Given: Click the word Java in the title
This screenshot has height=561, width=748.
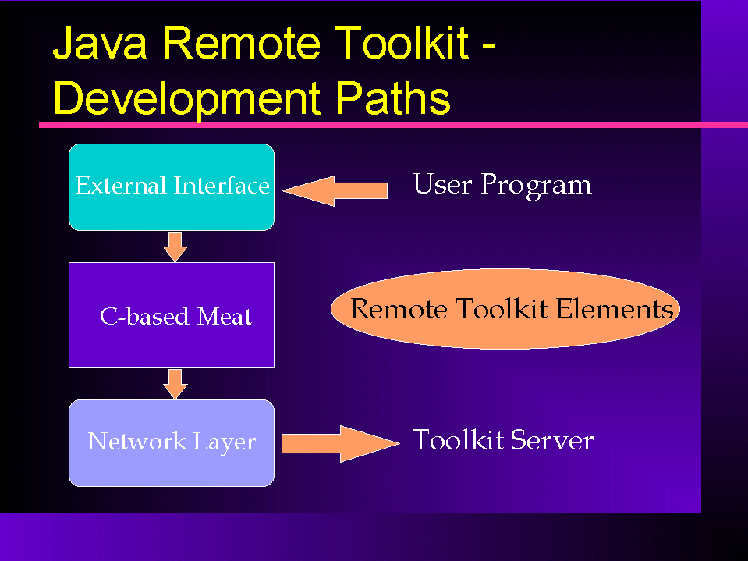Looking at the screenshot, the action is [x=99, y=43].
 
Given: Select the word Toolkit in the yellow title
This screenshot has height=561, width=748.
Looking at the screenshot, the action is [x=401, y=42].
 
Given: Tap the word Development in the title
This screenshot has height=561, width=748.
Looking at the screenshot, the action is [x=186, y=98].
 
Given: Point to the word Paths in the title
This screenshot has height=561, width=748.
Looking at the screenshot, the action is [x=392, y=98].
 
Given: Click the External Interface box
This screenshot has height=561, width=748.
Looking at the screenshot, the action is [x=172, y=187].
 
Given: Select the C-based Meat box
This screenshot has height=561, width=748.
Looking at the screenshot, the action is [x=172, y=315].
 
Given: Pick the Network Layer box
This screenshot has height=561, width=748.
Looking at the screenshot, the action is [x=172, y=443].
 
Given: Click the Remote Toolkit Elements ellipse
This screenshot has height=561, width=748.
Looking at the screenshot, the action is [x=505, y=309].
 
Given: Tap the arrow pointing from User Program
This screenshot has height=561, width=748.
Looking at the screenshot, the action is [x=335, y=191].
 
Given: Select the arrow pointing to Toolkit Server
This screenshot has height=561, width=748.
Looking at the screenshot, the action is [x=341, y=444].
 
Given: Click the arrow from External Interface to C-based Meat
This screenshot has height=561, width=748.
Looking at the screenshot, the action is [x=175, y=247].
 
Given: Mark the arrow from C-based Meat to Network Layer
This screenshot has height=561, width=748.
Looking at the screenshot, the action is [x=175, y=384].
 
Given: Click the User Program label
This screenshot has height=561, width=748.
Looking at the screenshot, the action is [x=502, y=185].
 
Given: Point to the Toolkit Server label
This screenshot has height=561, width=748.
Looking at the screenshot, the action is [x=503, y=439].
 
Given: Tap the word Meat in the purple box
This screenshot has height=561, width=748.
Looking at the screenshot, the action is [x=224, y=316].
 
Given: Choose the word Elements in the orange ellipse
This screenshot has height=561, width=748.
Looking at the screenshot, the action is [x=615, y=309].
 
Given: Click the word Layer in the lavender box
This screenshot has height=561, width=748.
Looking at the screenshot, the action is [x=225, y=442].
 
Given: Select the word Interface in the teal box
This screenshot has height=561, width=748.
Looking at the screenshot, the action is [x=222, y=185].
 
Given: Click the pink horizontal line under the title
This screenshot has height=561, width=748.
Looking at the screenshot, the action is [x=394, y=125].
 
